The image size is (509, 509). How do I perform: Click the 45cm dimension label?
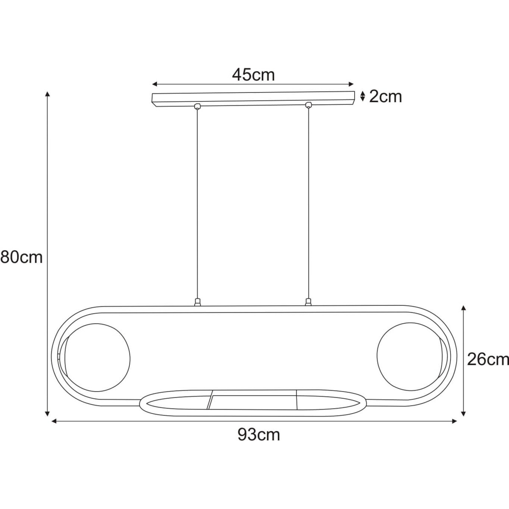coord(253,75)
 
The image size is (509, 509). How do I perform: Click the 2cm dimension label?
coord(385,97)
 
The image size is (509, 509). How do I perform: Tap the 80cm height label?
coord(21,257)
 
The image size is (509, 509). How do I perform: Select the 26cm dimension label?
coord(487,359)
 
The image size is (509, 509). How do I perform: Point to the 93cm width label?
coord(259,435)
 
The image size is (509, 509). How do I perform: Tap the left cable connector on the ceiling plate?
coord(196,106)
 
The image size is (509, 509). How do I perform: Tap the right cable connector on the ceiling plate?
coord(308,105)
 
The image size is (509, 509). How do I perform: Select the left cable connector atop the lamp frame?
coord(196,302)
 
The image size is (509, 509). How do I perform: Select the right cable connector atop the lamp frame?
coord(308,302)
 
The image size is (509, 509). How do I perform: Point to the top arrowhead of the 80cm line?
coord(48,94)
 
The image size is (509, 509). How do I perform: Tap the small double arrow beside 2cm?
coord(362,97)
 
